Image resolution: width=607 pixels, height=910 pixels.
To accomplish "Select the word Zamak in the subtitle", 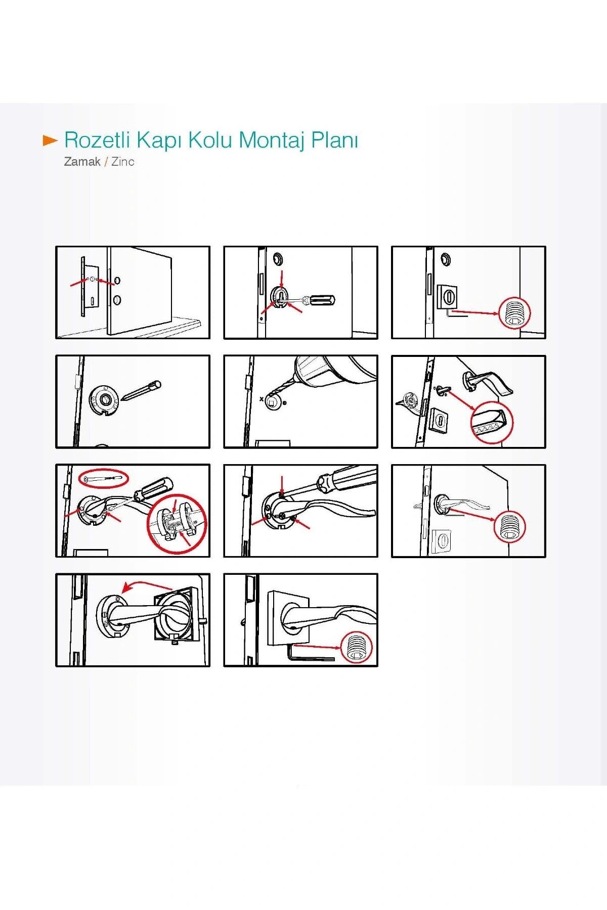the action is point(82,162).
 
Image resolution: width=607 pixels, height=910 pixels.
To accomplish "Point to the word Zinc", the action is point(123,162).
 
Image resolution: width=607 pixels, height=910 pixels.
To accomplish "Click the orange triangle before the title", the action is point(50,141).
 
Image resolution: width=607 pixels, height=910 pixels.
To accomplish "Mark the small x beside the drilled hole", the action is point(262,399).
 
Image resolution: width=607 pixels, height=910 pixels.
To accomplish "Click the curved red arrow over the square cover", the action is point(148,585).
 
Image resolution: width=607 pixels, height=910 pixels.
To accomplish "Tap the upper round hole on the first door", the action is point(117,280).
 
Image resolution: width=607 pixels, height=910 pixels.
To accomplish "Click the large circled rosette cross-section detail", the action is point(176,524).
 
